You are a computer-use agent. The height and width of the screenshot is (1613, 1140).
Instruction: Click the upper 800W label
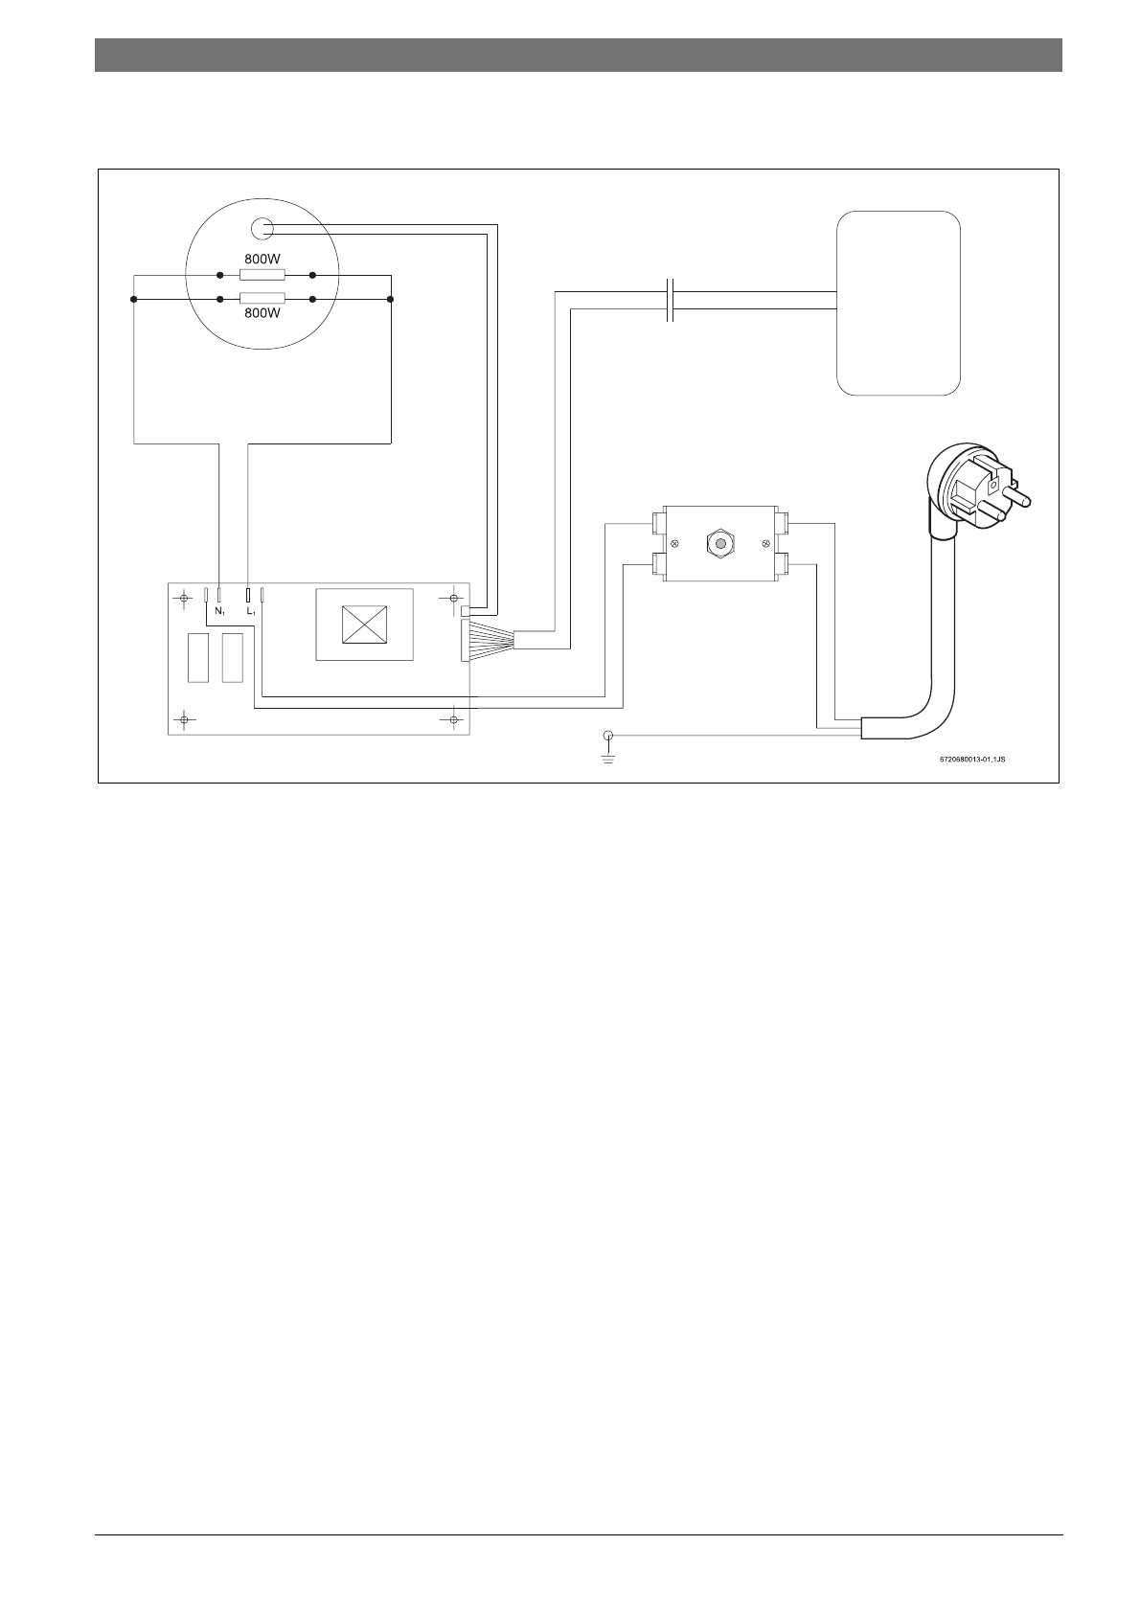click(x=262, y=259)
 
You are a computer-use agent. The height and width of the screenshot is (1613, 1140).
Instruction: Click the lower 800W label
click(x=262, y=314)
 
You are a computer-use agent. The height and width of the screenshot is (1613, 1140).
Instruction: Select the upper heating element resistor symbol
click(x=262, y=275)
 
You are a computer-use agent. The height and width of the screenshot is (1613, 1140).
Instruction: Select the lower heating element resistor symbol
click(x=262, y=299)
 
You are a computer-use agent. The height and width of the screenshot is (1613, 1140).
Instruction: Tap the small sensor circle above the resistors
click(x=261, y=229)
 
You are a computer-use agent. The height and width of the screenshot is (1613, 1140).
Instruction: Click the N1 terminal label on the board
click(x=219, y=611)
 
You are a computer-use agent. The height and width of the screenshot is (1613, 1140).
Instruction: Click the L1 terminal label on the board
click(x=251, y=611)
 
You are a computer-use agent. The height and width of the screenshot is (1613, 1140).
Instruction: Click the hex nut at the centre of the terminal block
click(x=717, y=543)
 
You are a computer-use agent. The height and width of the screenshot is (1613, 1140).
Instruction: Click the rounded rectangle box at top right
click(x=899, y=303)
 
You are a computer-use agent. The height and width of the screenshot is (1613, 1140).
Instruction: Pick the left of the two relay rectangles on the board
click(x=198, y=658)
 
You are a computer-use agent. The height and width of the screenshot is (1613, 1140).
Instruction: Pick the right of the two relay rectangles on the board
click(x=232, y=658)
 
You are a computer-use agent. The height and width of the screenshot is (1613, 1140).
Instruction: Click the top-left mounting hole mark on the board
click(x=184, y=599)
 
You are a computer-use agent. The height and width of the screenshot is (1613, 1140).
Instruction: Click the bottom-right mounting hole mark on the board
click(x=451, y=718)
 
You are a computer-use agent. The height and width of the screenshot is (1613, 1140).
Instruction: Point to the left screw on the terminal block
click(x=675, y=544)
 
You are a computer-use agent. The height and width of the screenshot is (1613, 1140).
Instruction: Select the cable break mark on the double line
click(x=672, y=299)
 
